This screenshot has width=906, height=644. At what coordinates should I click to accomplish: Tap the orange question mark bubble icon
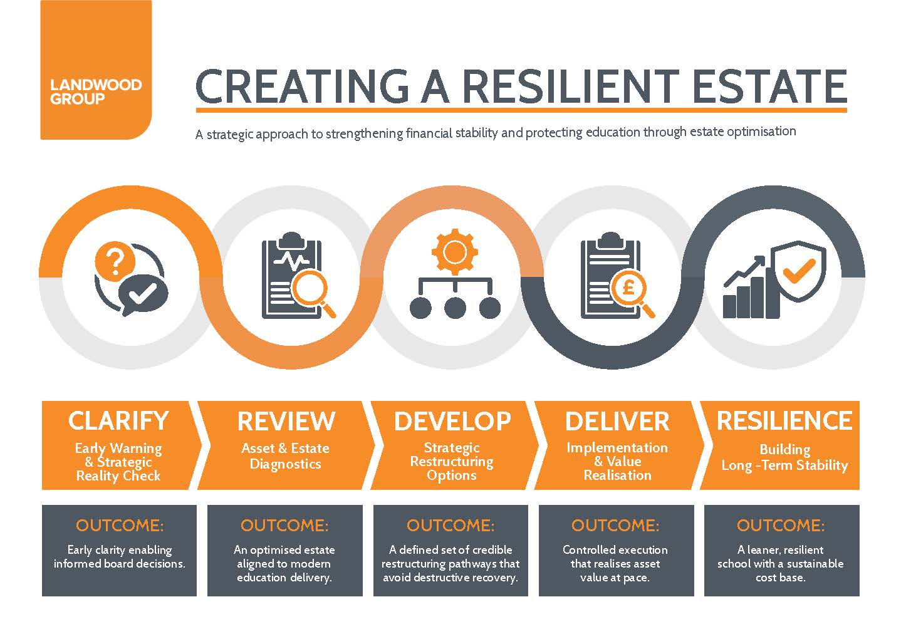(114, 262)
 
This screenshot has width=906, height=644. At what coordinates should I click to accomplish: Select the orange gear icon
(454, 251)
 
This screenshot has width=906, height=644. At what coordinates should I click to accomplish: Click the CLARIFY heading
(118, 421)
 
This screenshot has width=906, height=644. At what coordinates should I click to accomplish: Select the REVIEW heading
(286, 421)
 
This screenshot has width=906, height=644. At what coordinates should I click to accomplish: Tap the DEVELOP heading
(452, 421)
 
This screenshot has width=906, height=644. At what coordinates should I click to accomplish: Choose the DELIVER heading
(617, 421)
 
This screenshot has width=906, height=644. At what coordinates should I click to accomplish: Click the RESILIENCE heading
(784, 420)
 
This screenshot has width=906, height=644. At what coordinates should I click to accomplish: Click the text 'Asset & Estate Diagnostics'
(285, 456)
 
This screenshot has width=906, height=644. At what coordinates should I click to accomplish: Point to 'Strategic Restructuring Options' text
(452, 462)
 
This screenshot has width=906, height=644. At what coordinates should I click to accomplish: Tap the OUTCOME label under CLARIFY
(119, 525)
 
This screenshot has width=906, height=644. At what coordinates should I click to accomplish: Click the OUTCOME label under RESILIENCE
(780, 525)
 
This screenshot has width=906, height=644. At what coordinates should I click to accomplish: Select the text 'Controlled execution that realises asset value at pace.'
(615, 563)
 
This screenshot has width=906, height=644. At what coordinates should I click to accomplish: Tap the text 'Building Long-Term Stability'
(784, 457)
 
